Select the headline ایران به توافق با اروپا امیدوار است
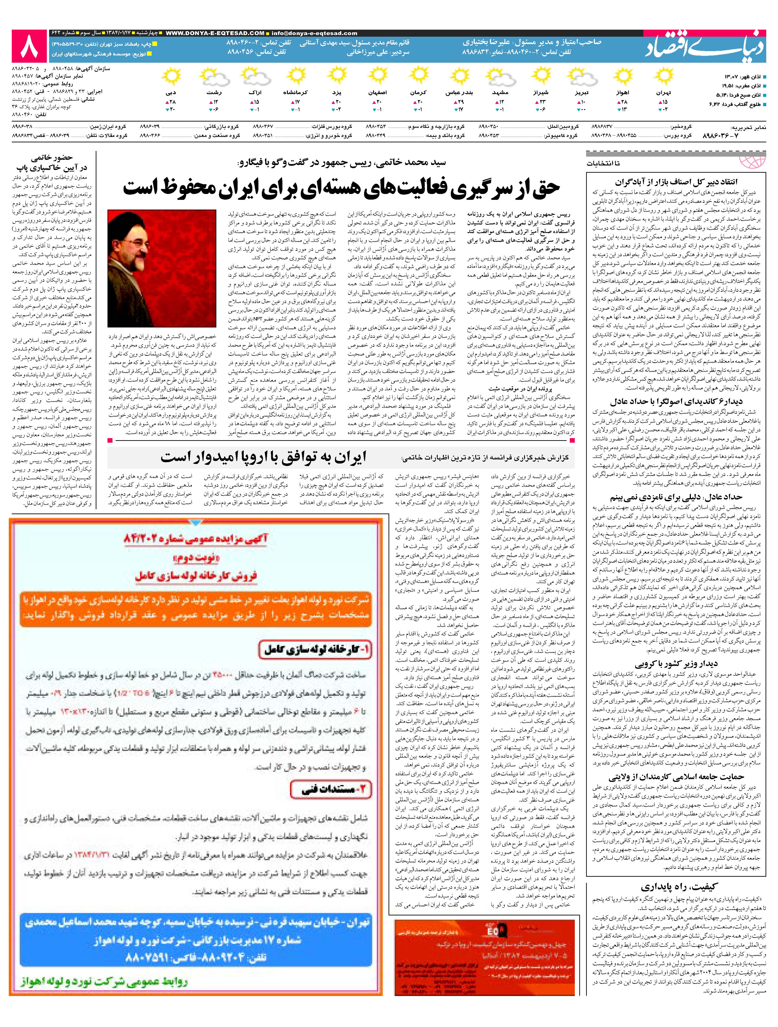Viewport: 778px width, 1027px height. (263, 457)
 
